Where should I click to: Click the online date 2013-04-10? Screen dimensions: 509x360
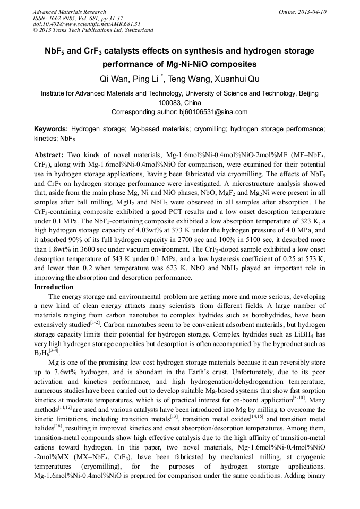click(x=312, y=12)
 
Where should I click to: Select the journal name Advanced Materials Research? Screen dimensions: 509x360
click(x=69, y=12)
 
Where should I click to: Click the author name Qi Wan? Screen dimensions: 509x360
click(x=113, y=79)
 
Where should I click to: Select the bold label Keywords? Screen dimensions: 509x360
click(x=51, y=129)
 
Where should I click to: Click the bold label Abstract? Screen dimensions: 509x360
click(x=49, y=154)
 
